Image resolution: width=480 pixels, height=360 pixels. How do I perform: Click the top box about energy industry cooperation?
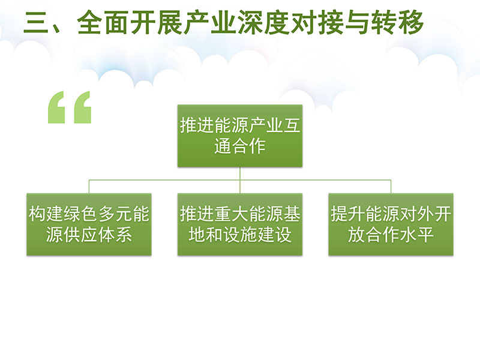click(239, 136)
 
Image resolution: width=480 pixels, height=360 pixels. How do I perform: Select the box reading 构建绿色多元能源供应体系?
click(89, 224)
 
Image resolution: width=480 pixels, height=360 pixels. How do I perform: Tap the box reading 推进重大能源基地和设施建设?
click(239, 224)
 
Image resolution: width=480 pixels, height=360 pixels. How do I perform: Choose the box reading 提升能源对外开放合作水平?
click(391, 224)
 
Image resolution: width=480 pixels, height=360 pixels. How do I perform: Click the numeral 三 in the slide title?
click(36, 22)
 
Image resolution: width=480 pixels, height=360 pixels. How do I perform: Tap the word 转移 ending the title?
click(397, 22)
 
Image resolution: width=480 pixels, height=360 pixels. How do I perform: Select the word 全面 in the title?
click(103, 22)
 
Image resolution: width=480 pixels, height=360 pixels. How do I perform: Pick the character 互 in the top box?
click(291, 125)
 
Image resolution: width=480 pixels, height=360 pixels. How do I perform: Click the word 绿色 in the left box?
click(80, 214)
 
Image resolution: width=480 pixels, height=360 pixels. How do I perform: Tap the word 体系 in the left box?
click(115, 235)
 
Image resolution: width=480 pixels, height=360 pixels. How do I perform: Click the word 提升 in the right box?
click(348, 214)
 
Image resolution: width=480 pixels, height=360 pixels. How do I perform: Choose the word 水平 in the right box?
click(417, 235)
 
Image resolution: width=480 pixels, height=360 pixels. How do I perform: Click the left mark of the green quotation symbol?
click(56, 107)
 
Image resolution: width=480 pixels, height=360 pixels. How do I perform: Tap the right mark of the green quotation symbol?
click(83, 107)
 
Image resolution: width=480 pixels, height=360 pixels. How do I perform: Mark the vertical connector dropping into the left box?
click(89, 187)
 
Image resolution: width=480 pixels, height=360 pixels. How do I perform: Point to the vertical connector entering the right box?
click(391, 187)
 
